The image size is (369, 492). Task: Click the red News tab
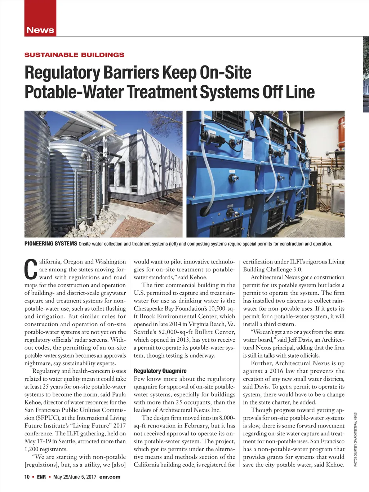point(40,30)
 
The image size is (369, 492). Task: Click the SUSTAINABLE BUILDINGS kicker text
point(74,55)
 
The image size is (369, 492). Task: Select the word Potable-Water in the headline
point(73,92)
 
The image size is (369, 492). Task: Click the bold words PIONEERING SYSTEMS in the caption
point(50,244)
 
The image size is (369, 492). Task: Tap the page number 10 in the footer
point(27,477)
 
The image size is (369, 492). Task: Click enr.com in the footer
point(110,477)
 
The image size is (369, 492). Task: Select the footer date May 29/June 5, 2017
point(75,477)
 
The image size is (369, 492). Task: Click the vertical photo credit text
point(355,440)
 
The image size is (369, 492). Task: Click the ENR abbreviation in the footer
point(41,477)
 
